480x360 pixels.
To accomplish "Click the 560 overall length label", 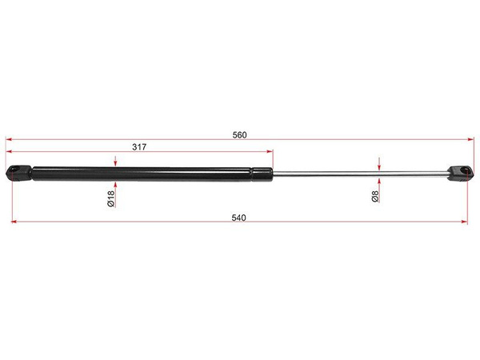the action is point(239,135).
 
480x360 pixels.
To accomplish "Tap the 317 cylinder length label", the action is point(139,147).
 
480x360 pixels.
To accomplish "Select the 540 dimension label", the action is point(238,218).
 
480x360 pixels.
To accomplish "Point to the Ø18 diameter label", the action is point(111,198).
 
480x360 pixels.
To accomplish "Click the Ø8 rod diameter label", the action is point(375,196).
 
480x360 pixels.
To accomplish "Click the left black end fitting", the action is point(18,173).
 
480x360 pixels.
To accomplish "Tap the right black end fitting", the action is point(460,174).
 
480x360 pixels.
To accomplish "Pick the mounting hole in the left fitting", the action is point(13,170).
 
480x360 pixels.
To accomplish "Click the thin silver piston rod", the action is point(360,174).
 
